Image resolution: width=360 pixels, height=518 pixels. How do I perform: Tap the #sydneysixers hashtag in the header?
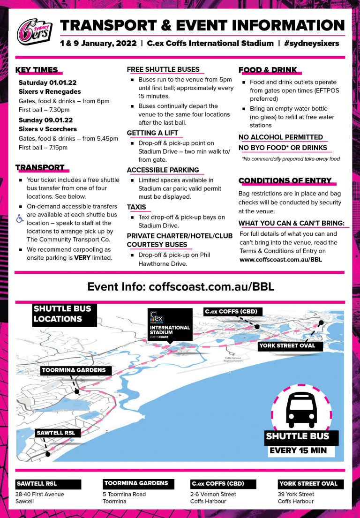coord(311,43)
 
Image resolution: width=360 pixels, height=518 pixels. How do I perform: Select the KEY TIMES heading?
coord(37,70)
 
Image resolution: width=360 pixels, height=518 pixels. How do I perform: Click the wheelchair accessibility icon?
coord(20,218)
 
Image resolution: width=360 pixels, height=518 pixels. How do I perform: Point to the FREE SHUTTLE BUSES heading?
coord(163,69)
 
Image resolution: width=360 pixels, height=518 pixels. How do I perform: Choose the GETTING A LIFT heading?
coord(152,133)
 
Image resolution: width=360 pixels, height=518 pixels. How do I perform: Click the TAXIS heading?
coord(136,207)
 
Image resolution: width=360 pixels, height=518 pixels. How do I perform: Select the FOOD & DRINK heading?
coord(268,70)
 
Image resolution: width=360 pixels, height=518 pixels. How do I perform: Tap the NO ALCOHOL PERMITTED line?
coord(281,137)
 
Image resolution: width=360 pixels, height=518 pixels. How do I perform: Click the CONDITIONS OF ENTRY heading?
coord(285,181)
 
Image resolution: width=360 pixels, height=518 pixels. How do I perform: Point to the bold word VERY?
coord(83,257)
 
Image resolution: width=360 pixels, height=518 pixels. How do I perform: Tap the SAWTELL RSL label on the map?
coord(57,433)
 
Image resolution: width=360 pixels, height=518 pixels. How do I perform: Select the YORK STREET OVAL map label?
coord(287,346)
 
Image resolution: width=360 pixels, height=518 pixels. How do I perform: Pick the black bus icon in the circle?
coord(301,409)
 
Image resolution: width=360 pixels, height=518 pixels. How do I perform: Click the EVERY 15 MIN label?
coord(298,450)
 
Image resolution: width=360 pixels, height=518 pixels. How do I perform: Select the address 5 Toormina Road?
coord(124,494)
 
